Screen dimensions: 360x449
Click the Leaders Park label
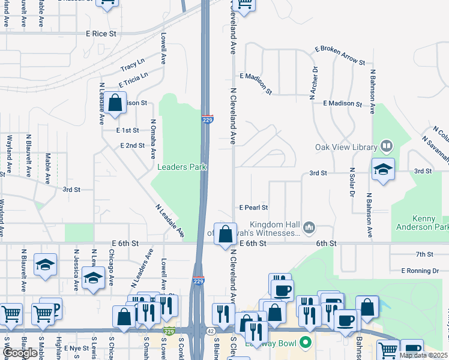pos(179,167)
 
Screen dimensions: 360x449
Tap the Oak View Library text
pos(345,147)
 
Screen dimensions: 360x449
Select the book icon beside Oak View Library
pos(386,146)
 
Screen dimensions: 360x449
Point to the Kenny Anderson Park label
pos(421,223)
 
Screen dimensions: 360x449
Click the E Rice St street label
pos(100,34)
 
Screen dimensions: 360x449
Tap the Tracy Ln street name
pos(133,65)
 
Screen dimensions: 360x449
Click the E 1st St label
pos(128,130)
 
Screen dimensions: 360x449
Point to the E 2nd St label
pos(133,146)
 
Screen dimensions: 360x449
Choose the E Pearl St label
pos(253,208)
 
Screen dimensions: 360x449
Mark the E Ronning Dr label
pos(420,271)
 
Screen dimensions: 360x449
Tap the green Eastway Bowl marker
pos(305,343)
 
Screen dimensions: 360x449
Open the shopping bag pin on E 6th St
pos(225,234)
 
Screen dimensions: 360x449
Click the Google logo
pos(19,353)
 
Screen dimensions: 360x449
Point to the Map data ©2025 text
pos(423,355)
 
